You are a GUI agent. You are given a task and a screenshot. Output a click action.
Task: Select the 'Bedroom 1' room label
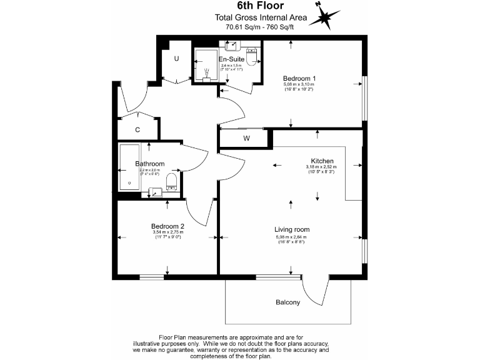pos(299,78)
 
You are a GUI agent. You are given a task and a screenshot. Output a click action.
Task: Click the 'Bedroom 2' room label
pos(167,226)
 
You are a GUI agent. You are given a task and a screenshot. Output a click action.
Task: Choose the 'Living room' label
pos(292,229)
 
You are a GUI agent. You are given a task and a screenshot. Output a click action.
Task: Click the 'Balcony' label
pos(288,303)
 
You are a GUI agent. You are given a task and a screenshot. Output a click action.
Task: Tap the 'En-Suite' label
pos(231,59)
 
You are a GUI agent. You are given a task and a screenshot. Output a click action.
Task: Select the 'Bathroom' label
pos(150,164)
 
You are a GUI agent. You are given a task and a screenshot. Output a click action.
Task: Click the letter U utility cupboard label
pos(177,58)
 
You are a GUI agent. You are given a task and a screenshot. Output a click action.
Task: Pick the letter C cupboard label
pos(137,130)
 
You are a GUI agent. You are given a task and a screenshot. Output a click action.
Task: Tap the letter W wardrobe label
pos(246,138)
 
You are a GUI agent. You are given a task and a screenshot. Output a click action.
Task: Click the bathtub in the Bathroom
pos(129,169)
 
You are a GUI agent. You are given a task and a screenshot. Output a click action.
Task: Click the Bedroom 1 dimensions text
pos(299,87)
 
